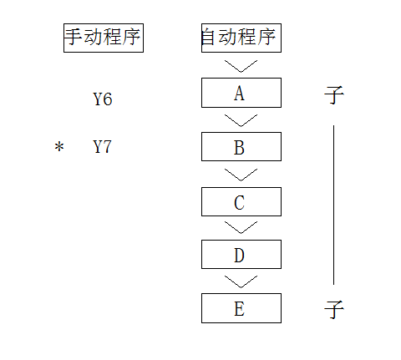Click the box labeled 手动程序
tap(104, 38)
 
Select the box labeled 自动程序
tap(241, 38)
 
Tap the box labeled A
tap(241, 93)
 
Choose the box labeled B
tap(241, 147)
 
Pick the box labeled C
tap(241, 201)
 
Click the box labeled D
tap(241, 254)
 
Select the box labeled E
tap(241, 308)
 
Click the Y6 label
tap(103, 99)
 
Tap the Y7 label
tap(102, 147)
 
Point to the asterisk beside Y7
tap(59, 147)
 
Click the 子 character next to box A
tap(334, 95)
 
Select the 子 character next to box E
tap(334, 309)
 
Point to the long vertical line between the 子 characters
tap(333, 205)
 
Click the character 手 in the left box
tap(74, 37)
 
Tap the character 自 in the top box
tap(208, 37)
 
